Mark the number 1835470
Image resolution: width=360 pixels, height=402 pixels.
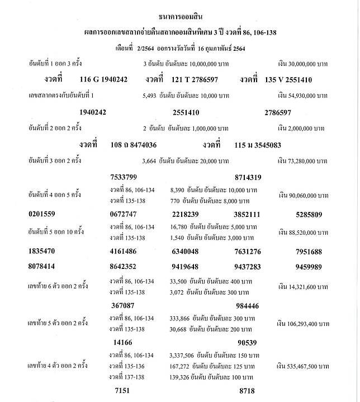[x=46, y=252]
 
